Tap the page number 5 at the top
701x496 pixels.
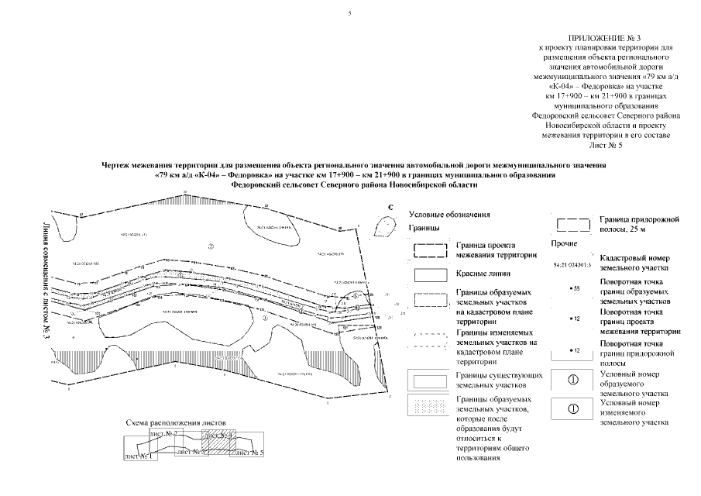click(350, 14)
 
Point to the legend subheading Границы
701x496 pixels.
click(423, 229)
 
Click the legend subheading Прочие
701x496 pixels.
click(562, 243)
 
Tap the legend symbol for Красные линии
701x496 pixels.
click(428, 275)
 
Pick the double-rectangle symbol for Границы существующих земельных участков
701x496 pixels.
click(428, 380)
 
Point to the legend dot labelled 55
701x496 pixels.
click(573, 288)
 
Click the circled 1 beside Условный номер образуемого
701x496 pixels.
click(574, 380)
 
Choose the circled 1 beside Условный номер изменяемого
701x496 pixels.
click(574, 408)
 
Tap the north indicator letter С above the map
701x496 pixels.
click(392, 208)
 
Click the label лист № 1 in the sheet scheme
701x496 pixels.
click(137, 455)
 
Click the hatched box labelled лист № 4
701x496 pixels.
click(218, 442)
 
